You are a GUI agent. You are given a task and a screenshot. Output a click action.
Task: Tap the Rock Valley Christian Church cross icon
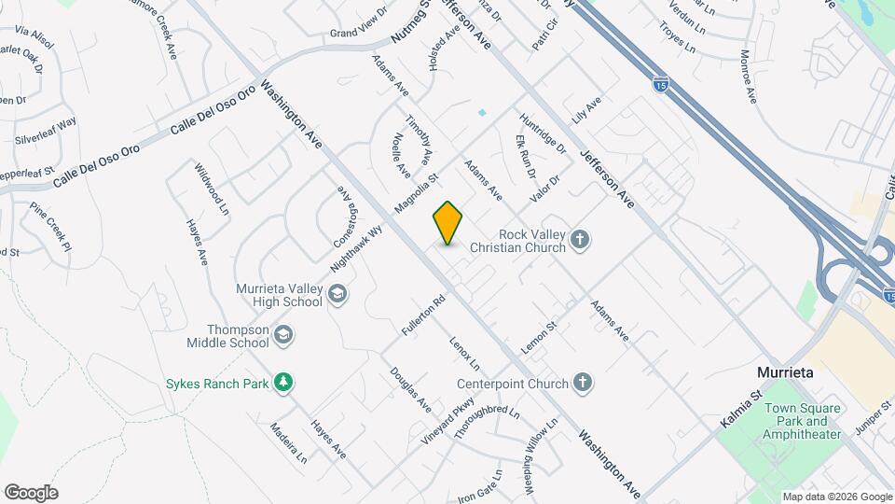click(x=580, y=240)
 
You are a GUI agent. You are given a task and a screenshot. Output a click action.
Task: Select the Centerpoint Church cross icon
click(x=582, y=382)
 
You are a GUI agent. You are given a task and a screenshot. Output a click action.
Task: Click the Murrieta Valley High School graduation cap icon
click(x=337, y=296)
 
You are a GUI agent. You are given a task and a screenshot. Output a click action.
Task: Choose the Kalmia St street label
click(x=742, y=410)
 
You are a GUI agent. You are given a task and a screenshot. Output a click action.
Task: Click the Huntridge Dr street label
click(x=543, y=133)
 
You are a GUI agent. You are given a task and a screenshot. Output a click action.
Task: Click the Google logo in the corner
click(x=31, y=493)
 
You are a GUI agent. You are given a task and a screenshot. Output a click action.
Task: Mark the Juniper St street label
click(x=873, y=412)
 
